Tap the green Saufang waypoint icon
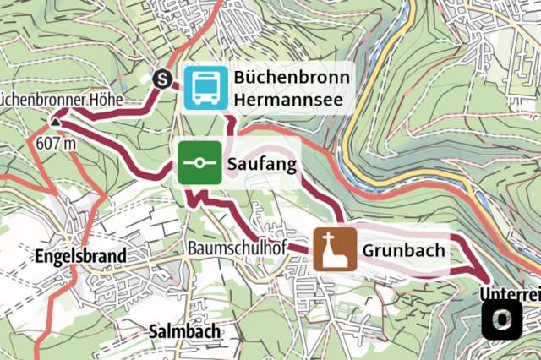click(x=199, y=164)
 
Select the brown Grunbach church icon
click(x=335, y=249)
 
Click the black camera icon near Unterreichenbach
click(x=502, y=319)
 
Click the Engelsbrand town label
click(x=81, y=255)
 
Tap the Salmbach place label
click(x=183, y=330)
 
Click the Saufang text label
click(x=261, y=166)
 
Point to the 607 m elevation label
click(x=56, y=143)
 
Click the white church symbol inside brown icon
click(x=335, y=249)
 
